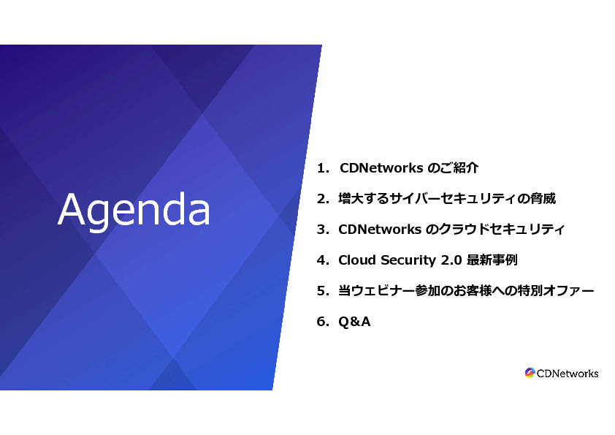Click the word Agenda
[x=134, y=210]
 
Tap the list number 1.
[x=323, y=168]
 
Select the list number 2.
[x=323, y=199]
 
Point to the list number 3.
[x=323, y=230]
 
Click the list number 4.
[x=323, y=260]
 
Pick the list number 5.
[x=323, y=290]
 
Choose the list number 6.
[x=323, y=322]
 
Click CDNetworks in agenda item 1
[x=381, y=168]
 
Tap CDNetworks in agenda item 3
[x=380, y=230]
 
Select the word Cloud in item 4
[x=357, y=260]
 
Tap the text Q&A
[x=354, y=322]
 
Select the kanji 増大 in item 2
[x=351, y=199]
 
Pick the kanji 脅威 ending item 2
[x=543, y=199]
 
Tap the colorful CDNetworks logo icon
[x=530, y=373]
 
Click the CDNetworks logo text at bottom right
[x=567, y=374]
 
